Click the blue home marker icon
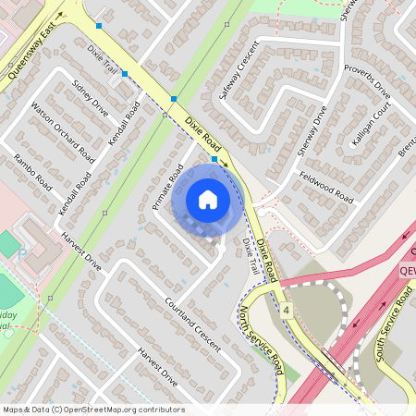click(208, 200)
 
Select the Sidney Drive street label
click(91, 99)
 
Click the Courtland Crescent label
click(193, 324)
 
